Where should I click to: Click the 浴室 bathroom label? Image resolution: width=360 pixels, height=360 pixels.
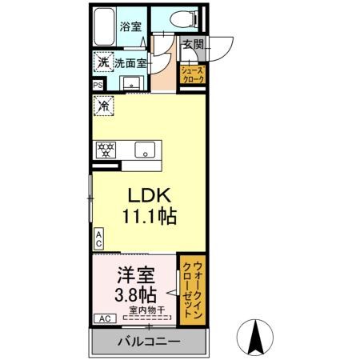[x=130, y=27]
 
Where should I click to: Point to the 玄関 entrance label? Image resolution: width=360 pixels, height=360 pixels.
[x=192, y=45]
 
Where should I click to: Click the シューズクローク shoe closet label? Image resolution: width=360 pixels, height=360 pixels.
[x=196, y=74]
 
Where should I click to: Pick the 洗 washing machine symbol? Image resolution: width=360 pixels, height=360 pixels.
[x=102, y=61]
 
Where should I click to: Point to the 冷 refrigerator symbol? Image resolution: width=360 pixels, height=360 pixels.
[x=103, y=104]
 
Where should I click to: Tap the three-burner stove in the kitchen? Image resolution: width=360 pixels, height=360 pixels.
[x=105, y=149]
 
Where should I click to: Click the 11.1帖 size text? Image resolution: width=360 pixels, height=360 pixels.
[x=148, y=216]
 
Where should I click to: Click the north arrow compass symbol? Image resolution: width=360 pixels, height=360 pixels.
[x=258, y=337]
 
